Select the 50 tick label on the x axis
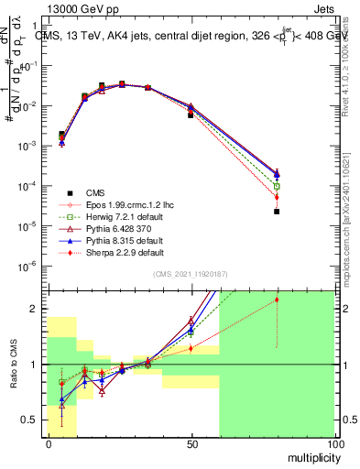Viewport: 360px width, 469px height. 191,443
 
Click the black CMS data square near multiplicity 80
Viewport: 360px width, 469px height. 277,212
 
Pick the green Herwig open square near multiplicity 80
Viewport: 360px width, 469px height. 277,186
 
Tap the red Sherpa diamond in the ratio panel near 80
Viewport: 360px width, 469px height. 277,300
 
